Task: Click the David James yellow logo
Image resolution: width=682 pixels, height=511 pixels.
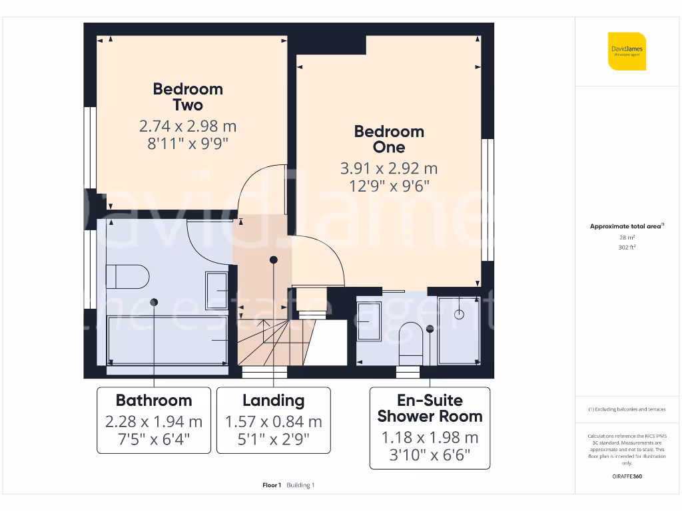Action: click(627, 51)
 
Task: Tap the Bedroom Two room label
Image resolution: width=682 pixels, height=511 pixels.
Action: click(188, 97)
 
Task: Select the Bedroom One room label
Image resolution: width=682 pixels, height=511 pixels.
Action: click(389, 139)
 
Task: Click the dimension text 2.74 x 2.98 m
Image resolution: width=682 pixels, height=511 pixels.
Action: click(188, 126)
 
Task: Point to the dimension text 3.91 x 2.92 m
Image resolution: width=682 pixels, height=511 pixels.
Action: click(389, 168)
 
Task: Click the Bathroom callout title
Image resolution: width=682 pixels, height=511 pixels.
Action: click(154, 401)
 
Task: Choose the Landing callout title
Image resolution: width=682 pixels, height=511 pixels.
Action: click(273, 401)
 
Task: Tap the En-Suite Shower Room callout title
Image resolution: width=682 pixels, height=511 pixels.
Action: click(430, 409)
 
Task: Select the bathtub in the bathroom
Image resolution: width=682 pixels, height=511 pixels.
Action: click(167, 339)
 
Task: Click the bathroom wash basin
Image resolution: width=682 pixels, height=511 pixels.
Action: click(217, 291)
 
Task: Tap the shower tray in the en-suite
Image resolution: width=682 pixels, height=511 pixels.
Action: click(459, 330)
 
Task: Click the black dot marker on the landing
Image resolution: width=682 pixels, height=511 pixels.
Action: click(273, 259)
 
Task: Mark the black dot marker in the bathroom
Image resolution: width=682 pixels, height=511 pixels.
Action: click(154, 302)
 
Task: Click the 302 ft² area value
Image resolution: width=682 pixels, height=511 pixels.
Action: click(627, 247)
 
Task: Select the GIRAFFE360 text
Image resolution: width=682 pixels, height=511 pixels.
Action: click(627, 476)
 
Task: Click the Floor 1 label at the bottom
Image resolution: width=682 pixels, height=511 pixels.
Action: click(272, 485)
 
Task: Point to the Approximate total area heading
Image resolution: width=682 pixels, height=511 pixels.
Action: click(626, 226)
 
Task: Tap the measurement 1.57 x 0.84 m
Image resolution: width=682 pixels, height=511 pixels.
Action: click(273, 422)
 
